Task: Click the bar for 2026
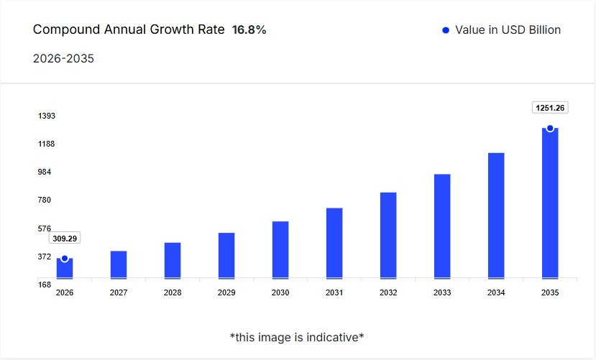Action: [65, 269]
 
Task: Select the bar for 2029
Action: [226, 255]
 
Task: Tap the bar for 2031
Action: [334, 243]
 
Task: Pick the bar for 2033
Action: [442, 226]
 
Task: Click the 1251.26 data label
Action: [550, 108]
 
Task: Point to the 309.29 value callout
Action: [65, 239]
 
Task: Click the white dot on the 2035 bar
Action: [550, 129]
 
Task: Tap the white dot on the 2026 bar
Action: [65, 259]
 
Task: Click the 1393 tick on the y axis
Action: [47, 116]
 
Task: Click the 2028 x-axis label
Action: [173, 293]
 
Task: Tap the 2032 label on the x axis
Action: [388, 293]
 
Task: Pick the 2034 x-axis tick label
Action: [496, 293]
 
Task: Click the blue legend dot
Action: [446, 30]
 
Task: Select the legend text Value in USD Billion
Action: [508, 30]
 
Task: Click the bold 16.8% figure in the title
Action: [249, 30]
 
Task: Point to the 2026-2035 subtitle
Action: [63, 58]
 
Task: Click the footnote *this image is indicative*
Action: [297, 337]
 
